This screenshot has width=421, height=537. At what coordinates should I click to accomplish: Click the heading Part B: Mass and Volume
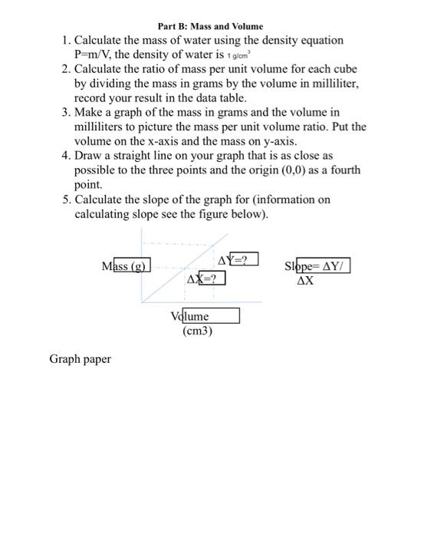210,27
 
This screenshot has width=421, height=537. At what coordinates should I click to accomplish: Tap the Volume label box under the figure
205,316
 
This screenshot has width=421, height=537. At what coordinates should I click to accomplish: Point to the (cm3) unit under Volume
197,331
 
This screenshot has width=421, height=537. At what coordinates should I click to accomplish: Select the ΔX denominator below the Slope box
304,281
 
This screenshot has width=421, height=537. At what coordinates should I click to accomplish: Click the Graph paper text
80,359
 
